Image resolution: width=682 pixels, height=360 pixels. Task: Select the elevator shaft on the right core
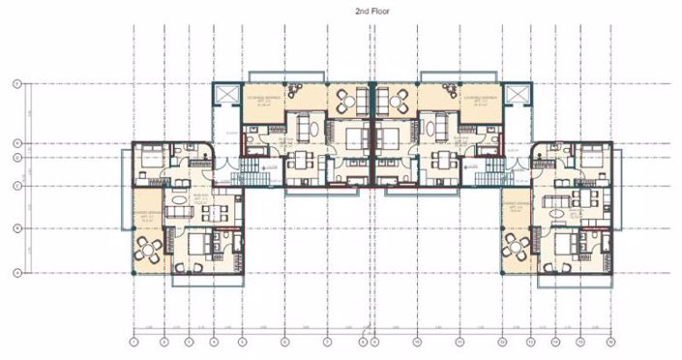519,94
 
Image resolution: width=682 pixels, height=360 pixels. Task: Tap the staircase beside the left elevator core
252,172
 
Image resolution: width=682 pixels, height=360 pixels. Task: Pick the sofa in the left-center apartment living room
308,126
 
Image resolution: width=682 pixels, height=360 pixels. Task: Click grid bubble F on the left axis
16,85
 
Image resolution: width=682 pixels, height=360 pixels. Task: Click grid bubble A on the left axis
16,273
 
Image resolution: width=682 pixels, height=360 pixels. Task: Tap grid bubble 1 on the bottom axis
133,341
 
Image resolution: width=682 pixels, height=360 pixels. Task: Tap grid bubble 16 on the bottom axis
610,341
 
